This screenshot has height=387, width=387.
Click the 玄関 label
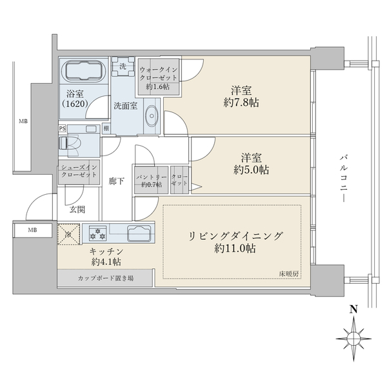point(78,210)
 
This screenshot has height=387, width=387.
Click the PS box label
point(63,128)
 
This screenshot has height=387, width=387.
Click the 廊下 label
point(116,182)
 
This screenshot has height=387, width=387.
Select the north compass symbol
point(353,336)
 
